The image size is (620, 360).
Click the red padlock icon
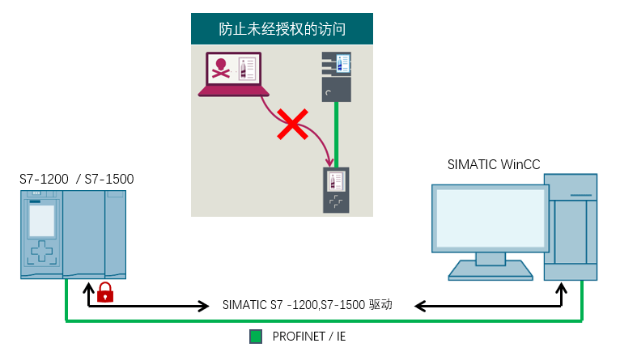[x=105, y=292]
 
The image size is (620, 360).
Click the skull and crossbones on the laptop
[x=220, y=68]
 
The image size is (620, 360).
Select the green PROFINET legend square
[x=256, y=336]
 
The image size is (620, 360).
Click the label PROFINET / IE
[x=308, y=336]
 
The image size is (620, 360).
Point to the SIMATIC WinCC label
[x=494, y=165]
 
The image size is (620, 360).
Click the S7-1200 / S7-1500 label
[x=77, y=179]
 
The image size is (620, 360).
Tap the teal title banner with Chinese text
[x=282, y=30]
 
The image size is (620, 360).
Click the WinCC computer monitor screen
[x=490, y=218]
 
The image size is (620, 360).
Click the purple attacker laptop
[x=231, y=74]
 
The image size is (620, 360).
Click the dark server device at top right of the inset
[x=336, y=77]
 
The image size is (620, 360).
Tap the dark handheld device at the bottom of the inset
[x=336, y=190]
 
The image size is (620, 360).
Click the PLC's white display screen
[x=41, y=221]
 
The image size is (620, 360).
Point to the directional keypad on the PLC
[x=41, y=252]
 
